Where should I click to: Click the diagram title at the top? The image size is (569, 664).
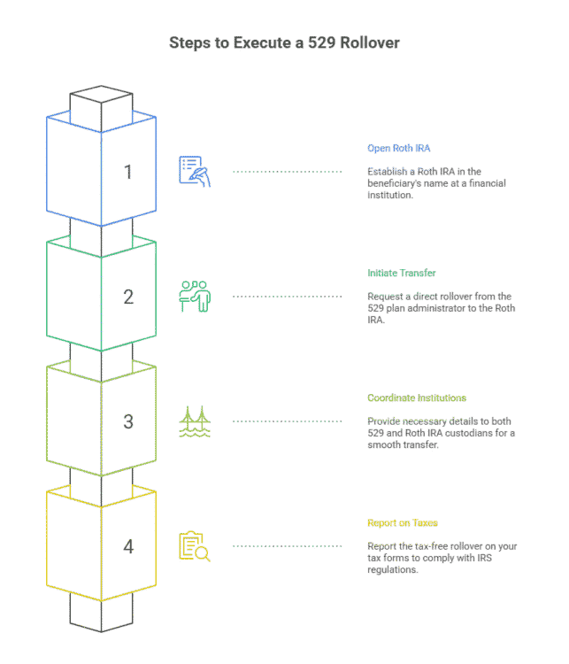284,42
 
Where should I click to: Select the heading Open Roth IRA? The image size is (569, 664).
398,148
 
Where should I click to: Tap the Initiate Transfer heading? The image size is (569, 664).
402,273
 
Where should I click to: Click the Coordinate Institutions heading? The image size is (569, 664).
417,398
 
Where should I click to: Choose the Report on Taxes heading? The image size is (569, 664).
403,523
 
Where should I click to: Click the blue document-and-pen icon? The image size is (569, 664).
195,171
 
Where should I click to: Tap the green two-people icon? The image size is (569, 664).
195,296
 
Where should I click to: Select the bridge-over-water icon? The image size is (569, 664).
195,421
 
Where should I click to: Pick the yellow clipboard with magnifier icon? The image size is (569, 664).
195,546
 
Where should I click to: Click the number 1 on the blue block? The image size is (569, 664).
129,171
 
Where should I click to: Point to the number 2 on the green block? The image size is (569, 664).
129,297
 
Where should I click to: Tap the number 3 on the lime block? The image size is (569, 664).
129,421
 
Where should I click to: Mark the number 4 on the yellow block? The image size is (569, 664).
129,546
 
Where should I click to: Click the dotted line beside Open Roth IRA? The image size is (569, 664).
287,171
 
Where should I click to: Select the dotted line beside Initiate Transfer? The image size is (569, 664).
287,296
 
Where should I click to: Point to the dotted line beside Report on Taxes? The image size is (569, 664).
287,546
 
